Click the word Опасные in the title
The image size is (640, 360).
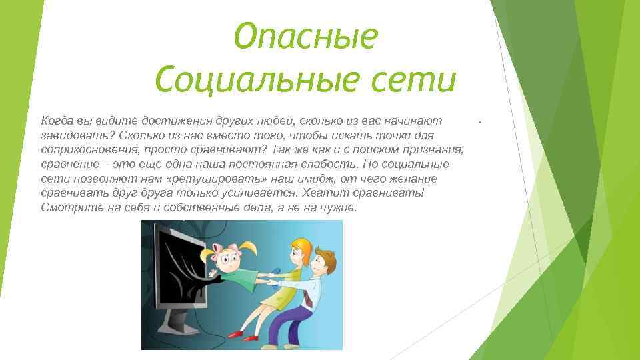(x=306, y=37)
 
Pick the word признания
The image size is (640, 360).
(x=435, y=150)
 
